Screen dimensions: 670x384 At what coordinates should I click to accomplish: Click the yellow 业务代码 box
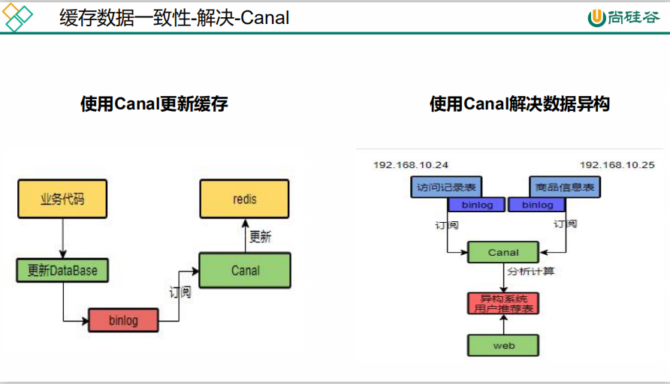(x=62, y=199)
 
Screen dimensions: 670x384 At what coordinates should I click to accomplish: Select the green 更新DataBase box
(x=62, y=270)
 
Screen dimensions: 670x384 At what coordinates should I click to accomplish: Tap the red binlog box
(x=123, y=320)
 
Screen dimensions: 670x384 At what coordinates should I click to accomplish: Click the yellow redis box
(x=244, y=199)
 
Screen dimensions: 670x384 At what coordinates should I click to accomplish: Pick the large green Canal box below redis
(x=245, y=271)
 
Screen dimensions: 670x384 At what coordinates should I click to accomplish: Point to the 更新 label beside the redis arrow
(x=260, y=236)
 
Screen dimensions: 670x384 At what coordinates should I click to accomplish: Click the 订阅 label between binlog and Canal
(x=180, y=292)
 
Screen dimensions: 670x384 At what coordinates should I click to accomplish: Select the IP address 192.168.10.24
(x=411, y=165)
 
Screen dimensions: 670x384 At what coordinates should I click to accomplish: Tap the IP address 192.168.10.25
(x=617, y=165)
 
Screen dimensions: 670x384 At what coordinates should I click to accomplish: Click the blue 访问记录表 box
(x=446, y=187)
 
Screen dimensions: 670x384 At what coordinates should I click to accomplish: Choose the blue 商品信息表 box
(x=564, y=187)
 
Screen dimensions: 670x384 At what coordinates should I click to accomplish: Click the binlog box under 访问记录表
(x=476, y=205)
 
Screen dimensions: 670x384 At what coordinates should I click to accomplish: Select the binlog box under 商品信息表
(x=537, y=205)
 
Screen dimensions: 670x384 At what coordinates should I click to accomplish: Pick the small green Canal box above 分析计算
(x=503, y=252)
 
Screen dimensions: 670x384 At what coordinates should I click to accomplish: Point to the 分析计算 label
(x=531, y=271)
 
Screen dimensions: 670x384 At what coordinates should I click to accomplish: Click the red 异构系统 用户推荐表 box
(x=503, y=303)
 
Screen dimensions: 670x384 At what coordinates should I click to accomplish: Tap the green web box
(x=503, y=345)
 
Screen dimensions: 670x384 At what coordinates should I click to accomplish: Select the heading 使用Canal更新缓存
(x=154, y=103)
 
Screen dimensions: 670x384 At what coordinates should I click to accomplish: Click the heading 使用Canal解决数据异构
(x=520, y=103)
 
